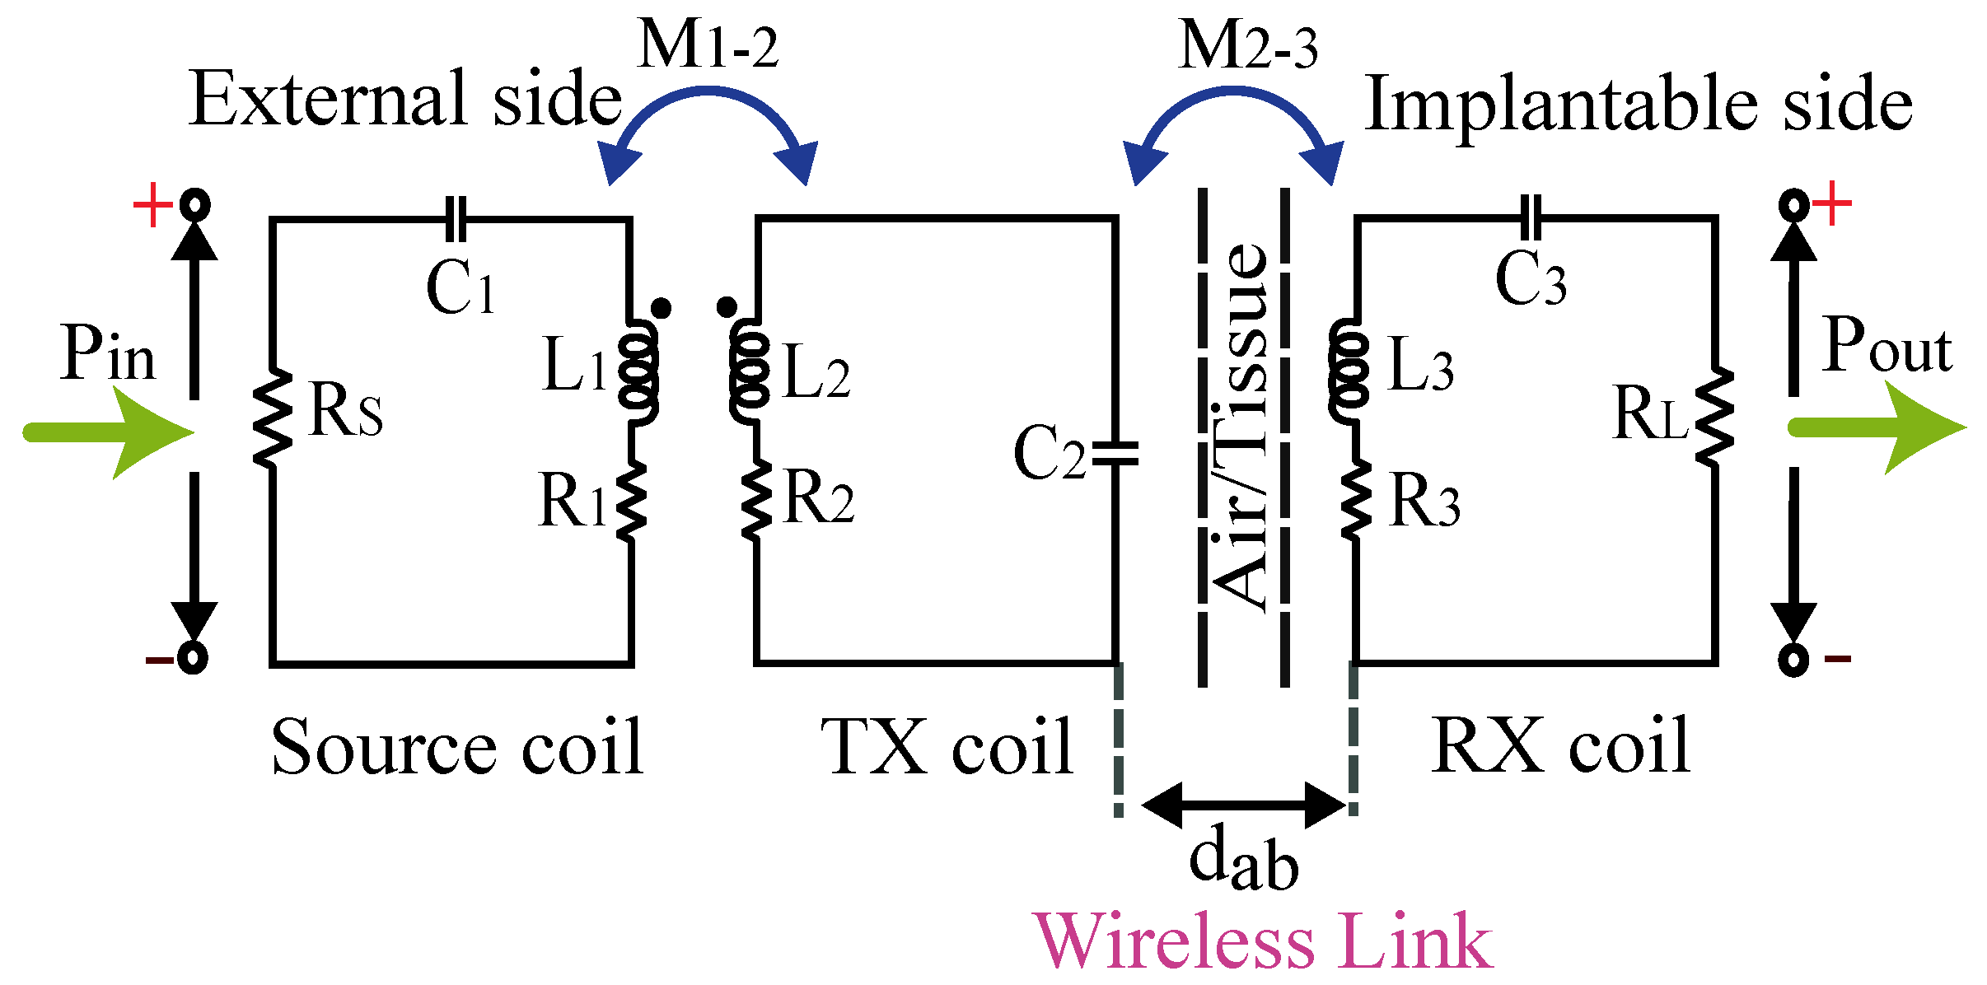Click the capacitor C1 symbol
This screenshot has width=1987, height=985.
(x=456, y=219)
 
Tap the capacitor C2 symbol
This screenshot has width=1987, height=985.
(x=1115, y=454)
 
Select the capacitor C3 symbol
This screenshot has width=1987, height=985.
(x=1531, y=218)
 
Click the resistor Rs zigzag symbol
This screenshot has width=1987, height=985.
(x=272, y=418)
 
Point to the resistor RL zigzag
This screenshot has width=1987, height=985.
(x=1714, y=417)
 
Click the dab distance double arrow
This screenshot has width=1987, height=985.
(x=1244, y=805)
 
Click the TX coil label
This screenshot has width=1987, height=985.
(x=947, y=747)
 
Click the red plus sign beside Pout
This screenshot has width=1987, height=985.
(x=1832, y=203)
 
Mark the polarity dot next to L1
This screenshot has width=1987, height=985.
(x=661, y=308)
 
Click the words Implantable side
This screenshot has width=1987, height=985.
(x=1638, y=105)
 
